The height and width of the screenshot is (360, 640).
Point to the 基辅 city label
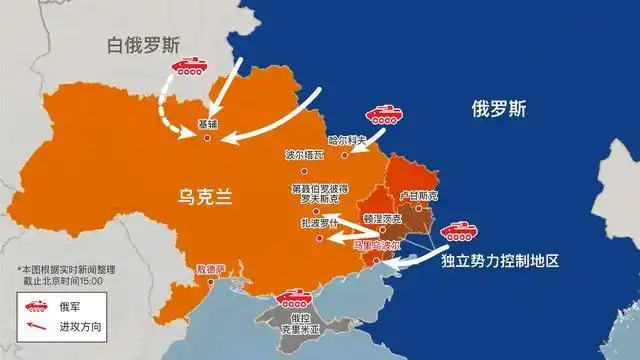click(208, 125)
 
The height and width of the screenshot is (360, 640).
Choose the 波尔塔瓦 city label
click(306, 156)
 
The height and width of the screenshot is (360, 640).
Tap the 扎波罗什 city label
click(315, 226)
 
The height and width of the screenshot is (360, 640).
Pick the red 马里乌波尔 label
click(376, 243)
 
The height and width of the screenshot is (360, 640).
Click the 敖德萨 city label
click(211, 268)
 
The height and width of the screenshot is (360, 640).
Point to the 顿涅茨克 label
click(381, 217)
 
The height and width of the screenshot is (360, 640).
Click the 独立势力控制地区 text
click(497, 260)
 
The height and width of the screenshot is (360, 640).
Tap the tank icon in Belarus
click(189, 68)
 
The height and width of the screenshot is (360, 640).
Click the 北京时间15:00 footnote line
click(61, 280)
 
